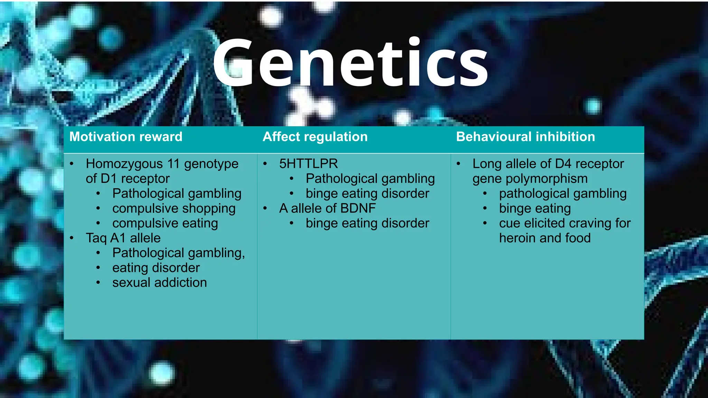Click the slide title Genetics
[350, 63]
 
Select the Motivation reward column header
[126, 137]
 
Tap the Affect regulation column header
[315, 137]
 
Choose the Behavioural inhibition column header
[525, 137]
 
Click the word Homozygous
[124, 164]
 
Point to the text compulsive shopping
[174, 208]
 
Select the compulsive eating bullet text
[165, 223]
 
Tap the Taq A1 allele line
[123, 238]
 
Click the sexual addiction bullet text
[159, 283]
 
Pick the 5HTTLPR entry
[308, 164]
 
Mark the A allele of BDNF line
[327, 208]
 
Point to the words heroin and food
[545, 238]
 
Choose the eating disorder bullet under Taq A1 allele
[156, 268]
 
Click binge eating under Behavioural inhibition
[535, 208]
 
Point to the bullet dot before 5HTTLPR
[265, 164]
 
